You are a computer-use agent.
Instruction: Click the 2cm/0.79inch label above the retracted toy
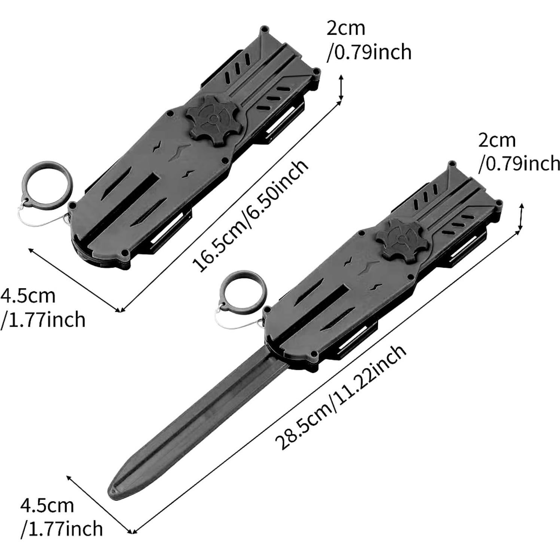click(x=369, y=40)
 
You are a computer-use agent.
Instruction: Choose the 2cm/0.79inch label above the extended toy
click(x=519, y=153)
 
